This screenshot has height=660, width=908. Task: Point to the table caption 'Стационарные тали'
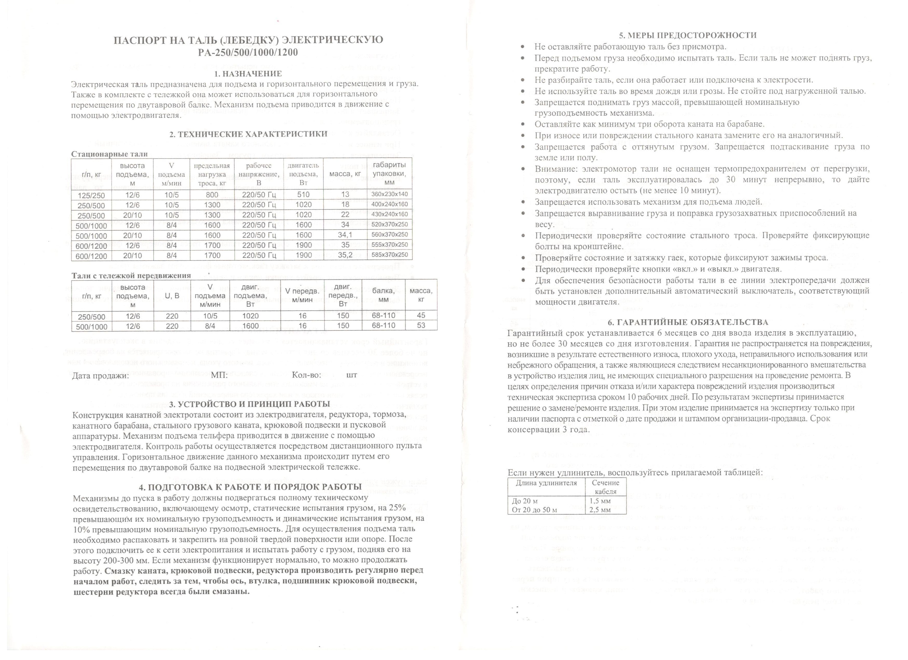pyautogui.click(x=109, y=154)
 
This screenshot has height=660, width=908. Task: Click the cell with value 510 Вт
pyautogui.click(x=303, y=195)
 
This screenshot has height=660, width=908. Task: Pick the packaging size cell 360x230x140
pyautogui.click(x=389, y=195)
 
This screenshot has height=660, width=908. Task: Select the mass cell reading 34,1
pyautogui.click(x=345, y=235)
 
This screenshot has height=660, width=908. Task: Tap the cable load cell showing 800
pyautogui.click(x=212, y=195)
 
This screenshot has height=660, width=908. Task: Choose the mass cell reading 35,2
pyautogui.click(x=345, y=255)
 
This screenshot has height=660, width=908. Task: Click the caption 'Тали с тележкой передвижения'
pyautogui.click(x=131, y=275)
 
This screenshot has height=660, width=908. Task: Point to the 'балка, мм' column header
pyautogui.click(x=383, y=295)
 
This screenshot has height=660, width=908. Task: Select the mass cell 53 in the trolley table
pyautogui.click(x=421, y=326)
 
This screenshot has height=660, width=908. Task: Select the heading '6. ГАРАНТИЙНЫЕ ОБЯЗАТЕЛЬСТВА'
pyautogui.click(x=688, y=322)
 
